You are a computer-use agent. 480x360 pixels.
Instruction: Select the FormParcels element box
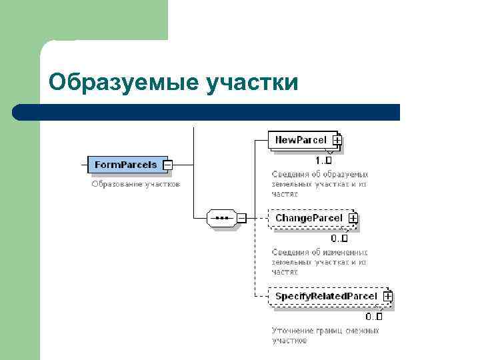pos(125,164)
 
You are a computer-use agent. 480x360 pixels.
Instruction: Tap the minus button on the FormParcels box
pos(168,164)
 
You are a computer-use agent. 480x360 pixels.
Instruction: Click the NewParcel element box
pos(301,140)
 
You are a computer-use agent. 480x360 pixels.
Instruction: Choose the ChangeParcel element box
pos(308,218)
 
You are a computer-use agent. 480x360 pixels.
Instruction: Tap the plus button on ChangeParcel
pos(353,218)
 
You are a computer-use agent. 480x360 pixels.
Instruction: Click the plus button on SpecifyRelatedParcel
pos(387,296)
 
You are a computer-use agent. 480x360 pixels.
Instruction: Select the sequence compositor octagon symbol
pos(221,218)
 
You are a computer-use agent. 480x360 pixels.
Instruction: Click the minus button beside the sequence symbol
pos(241,218)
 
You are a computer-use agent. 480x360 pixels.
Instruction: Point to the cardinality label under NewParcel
pos(323,161)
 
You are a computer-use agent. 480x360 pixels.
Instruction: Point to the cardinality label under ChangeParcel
pos(339,239)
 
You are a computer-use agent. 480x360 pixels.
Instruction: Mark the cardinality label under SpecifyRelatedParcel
pos(374,317)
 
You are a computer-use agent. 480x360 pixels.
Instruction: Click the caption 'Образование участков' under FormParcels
pos(135,183)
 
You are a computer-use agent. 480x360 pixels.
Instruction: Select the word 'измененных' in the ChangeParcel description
pos(344,252)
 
